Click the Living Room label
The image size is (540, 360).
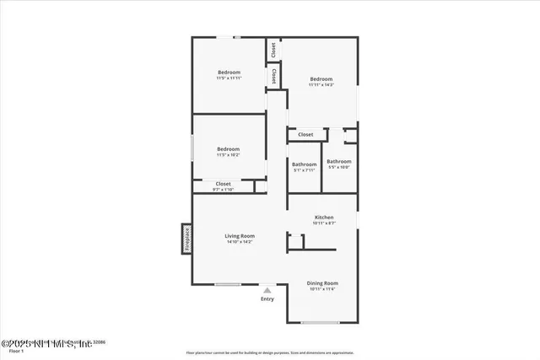[x=240, y=236]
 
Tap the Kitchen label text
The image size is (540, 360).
[x=324, y=217]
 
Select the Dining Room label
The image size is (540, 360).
[x=322, y=283]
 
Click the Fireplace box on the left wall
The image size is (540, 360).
[x=186, y=239]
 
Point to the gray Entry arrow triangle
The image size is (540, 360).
[x=267, y=290]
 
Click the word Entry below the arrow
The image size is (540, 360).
[x=267, y=299]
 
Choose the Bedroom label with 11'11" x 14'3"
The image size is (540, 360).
[x=321, y=78]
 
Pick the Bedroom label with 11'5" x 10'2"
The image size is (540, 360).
[x=229, y=149]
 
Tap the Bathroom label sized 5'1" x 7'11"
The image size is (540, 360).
[x=304, y=164]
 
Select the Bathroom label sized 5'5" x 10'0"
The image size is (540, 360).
[x=339, y=161]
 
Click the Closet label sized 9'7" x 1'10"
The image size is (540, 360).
[x=224, y=184]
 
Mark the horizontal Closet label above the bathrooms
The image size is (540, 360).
[x=305, y=134]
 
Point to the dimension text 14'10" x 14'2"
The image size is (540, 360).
[x=240, y=242]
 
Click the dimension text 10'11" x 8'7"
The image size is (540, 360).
[x=324, y=223]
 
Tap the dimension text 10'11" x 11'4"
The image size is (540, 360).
[x=322, y=289]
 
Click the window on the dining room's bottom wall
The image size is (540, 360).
[x=321, y=323]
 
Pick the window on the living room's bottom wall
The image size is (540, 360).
[x=228, y=284]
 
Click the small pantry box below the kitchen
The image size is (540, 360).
[x=296, y=242]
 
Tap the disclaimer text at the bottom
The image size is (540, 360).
[x=270, y=352]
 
